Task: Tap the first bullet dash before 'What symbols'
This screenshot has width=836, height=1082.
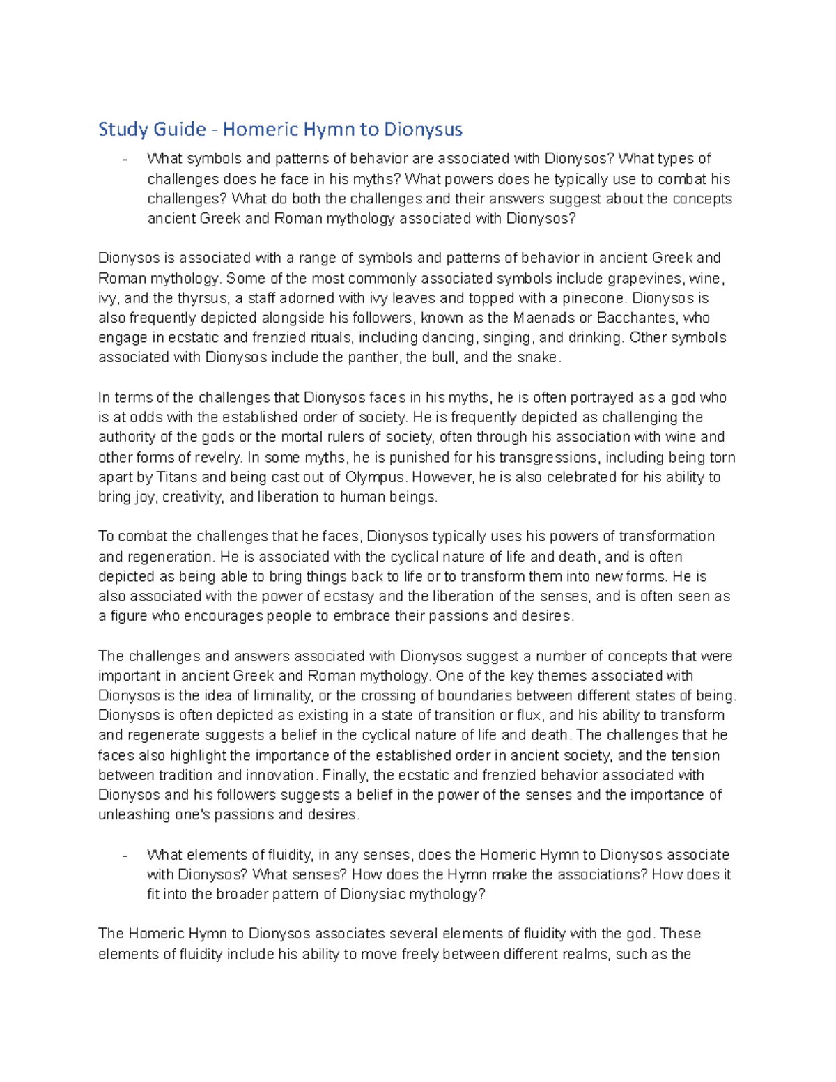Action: (124, 160)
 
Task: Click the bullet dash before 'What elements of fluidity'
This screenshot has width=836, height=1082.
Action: (124, 856)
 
